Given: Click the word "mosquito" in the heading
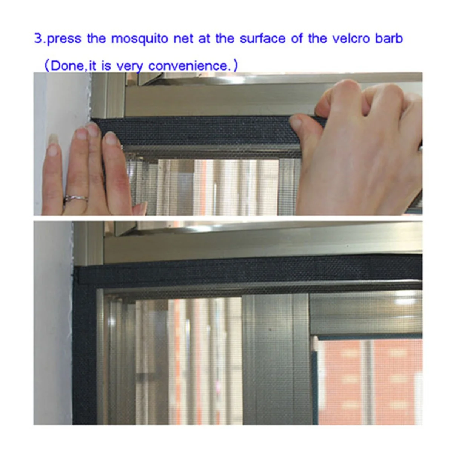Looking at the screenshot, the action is coord(140,39).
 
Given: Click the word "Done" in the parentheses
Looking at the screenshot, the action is coord(67,66).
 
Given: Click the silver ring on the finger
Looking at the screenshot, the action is coord(76,199).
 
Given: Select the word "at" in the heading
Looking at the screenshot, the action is coord(204,39).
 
